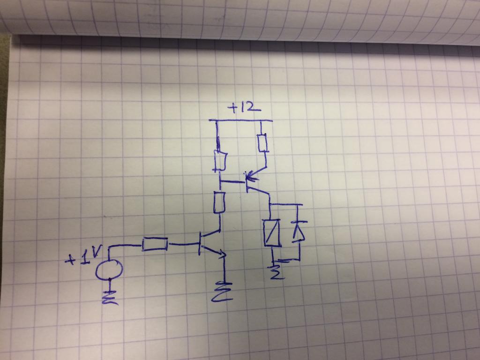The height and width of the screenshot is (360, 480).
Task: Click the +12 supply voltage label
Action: [244, 108]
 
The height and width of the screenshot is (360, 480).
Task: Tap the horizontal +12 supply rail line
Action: [240, 120]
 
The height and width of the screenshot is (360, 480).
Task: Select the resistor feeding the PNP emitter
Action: [262, 143]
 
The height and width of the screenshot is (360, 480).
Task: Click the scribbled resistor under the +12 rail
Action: [220, 160]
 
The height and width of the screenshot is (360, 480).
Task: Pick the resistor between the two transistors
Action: [219, 202]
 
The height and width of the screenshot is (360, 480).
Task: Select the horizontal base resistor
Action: [155, 244]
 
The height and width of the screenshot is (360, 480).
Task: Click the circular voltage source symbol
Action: [109, 270]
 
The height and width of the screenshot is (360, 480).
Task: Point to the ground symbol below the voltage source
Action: [110, 297]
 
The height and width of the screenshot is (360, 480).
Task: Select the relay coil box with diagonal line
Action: [272, 232]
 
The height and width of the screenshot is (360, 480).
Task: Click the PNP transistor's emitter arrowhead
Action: [249, 176]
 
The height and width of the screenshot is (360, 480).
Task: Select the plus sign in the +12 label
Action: [232, 108]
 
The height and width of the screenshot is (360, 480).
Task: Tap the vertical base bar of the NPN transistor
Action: [200, 243]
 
